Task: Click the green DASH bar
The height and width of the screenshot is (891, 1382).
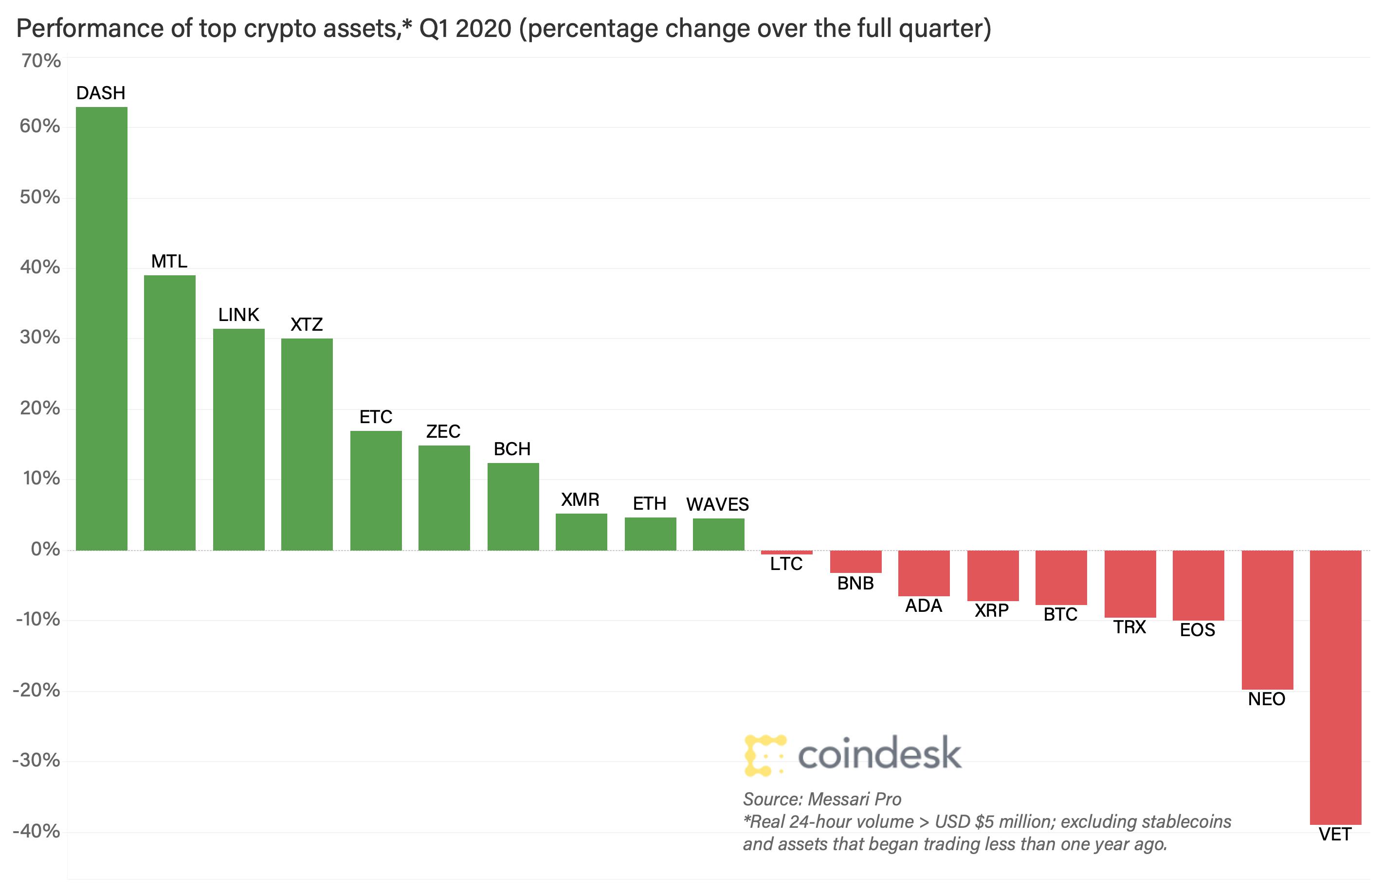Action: pos(101,329)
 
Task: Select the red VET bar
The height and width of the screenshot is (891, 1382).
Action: pos(1335,687)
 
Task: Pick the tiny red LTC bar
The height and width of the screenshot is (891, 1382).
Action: pos(786,552)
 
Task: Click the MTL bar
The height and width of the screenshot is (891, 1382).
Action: pos(169,412)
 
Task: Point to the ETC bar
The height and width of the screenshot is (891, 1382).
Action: pos(376,490)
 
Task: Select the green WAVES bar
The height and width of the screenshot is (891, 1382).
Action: pos(718,534)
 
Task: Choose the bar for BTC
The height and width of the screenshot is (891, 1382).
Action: pos(1061,577)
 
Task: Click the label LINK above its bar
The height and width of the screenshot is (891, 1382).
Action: pos(238,315)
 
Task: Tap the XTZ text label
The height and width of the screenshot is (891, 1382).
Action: pos(307,324)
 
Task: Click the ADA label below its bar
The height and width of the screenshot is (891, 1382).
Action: pos(924,606)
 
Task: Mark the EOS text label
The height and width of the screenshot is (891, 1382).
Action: pos(1198,630)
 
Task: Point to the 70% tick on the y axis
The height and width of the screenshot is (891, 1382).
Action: pos(40,61)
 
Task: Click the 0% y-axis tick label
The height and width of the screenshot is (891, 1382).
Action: pos(45,549)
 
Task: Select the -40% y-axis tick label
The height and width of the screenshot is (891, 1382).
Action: pos(36,831)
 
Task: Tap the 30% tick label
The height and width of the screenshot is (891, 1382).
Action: pos(39,338)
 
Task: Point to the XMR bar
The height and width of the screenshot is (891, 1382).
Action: pos(581,532)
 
